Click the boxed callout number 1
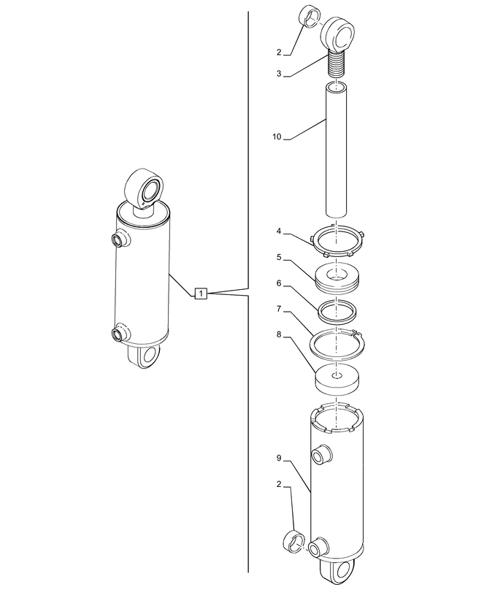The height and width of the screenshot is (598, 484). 201,294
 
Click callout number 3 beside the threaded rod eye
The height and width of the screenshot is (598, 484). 279,74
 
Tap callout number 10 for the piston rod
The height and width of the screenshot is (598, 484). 277,137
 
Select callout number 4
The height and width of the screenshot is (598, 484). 279,231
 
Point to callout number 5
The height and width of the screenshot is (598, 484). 279,258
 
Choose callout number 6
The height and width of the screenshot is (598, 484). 279,283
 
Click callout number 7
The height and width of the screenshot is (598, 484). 279,309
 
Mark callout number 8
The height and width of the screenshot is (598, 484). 279,334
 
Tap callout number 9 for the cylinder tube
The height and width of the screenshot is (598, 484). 279,458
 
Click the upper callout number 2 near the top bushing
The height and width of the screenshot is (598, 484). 279,53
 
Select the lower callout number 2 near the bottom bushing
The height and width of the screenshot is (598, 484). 279,484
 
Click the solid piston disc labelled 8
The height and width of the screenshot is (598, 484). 337,380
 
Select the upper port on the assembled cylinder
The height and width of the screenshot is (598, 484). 121,239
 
